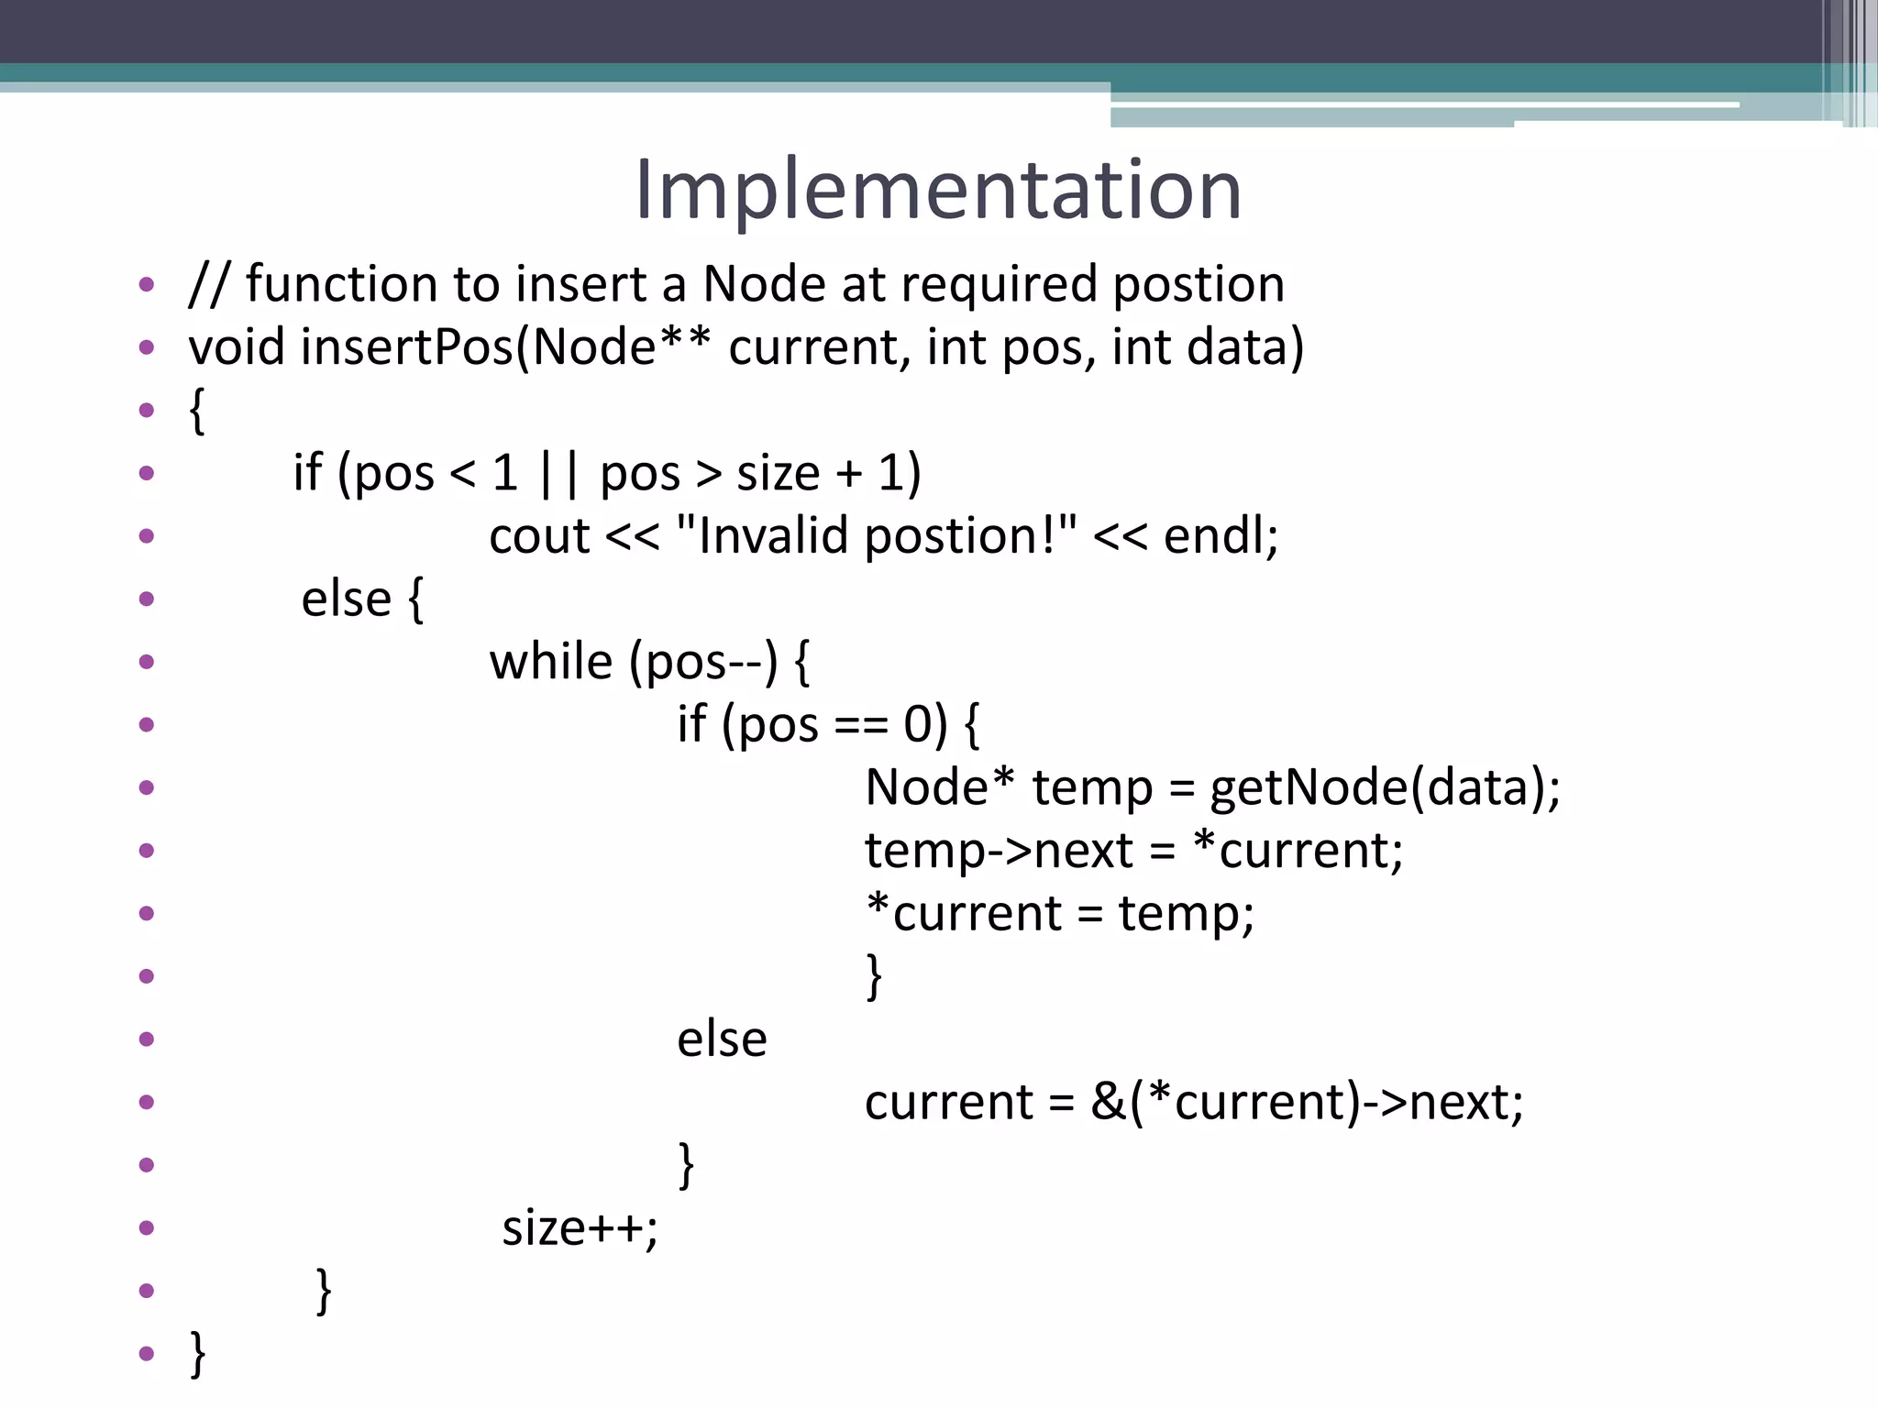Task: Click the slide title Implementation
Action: (x=937, y=189)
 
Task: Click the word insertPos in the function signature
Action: (x=407, y=347)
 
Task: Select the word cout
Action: (x=539, y=536)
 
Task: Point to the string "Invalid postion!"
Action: (x=876, y=535)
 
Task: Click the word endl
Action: (x=1219, y=536)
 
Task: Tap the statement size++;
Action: (x=580, y=1227)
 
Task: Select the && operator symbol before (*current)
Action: (x=1108, y=1102)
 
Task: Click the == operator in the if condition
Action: (x=861, y=726)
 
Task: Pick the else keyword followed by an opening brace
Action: (x=347, y=599)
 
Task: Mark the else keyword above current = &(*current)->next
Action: (x=722, y=1039)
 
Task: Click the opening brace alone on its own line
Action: (x=196, y=410)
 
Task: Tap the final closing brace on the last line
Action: (x=197, y=1353)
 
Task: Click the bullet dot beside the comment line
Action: (x=147, y=284)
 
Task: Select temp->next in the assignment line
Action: (x=999, y=851)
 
